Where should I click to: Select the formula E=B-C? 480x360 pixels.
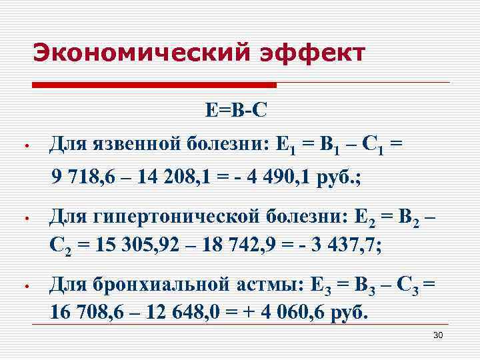click(236, 110)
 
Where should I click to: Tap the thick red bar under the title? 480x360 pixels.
click(154, 85)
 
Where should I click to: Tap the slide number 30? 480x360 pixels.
click(438, 334)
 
